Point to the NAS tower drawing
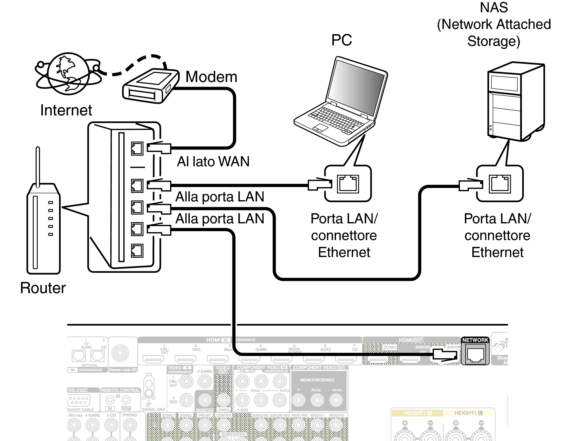coord(515,101)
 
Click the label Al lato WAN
coord(213,162)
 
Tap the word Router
coord(43,288)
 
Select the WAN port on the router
coord(137,149)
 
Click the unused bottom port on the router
coord(137,251)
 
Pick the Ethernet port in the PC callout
coord(348,184)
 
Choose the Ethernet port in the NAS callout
coord(500,184)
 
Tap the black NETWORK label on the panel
coord(475,340)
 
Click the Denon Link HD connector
coord(120,353)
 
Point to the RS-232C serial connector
coord(79,401)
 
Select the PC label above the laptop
coord(342,40)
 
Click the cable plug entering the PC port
coord(320,184)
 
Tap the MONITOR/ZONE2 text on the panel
coord(317,380)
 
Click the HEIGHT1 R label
coord(417,413)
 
